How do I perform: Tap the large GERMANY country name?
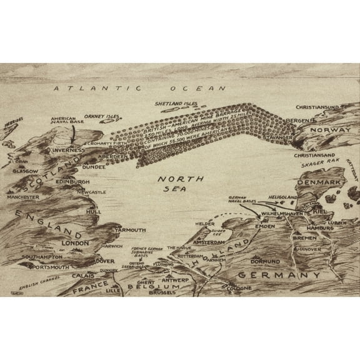280,276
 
